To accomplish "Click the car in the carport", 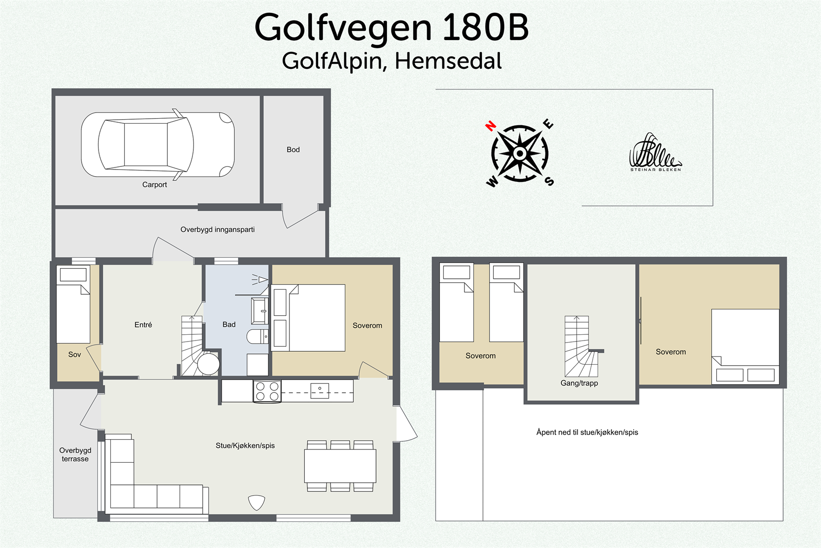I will tap(158, 145).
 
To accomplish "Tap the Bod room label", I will tap(293, 149).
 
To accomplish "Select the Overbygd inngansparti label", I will tap(217, 230).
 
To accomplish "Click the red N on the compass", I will tap(491, 126).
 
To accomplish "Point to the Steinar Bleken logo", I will tap(655, 153).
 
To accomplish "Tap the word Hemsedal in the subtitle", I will tap(448, 61).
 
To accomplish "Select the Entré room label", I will tap(143, 325).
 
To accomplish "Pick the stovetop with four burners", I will tap(267, 391).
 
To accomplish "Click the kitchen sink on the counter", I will tap(320, 391).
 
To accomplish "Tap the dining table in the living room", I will tap(340, 466).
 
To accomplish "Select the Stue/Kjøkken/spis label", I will tap(245, 445).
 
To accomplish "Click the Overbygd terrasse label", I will tap(75, 455).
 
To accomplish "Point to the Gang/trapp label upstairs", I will tap(579, 383).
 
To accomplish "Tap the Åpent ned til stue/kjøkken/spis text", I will tap(587, 432).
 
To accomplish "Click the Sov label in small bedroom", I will tap(74, 354).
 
